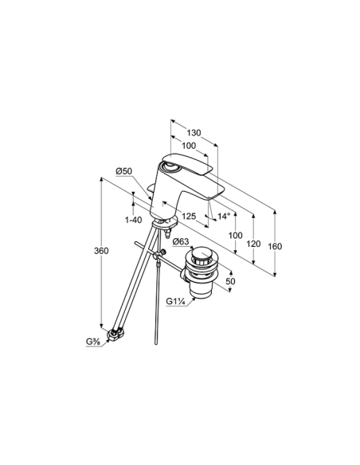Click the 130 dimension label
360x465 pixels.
pyautogui.click(x=194, y=133)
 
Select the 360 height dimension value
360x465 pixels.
pyautogui.click(x=101, y=251)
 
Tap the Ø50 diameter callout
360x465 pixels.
pyautogui.click(x=123, y=171)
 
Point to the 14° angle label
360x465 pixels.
pyautogui.click(x=224, y=217)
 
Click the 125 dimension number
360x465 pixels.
pyautogui.click(x=189, y=217)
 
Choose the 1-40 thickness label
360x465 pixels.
pyautogui.click(x=133, y=220)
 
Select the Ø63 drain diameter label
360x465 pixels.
pyautogui.click(x=181, y=241)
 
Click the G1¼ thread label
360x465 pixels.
pyautogui.click(x=175, y=302)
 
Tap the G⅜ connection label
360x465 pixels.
pyautogui.click(x=93, y=342)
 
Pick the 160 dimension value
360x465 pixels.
pyautogui.click(x=275, y=246)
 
